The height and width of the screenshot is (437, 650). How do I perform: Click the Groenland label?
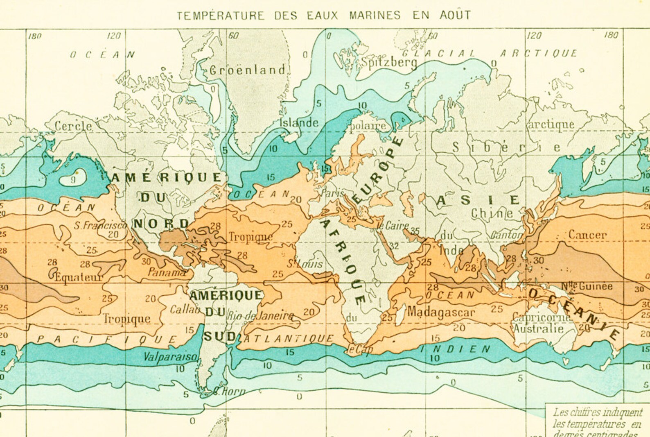click(247, 70)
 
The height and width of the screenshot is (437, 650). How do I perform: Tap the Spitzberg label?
click(389, 63)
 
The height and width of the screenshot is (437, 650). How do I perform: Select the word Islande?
click(299, 122)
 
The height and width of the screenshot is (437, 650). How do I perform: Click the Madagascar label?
click(441, 312)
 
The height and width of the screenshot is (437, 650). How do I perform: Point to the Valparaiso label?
click(170, 357)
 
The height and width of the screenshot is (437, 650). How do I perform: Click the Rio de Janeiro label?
click(260, 316)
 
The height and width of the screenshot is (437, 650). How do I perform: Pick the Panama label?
click(166, 272)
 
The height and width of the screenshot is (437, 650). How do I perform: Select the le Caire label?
click(393, 225)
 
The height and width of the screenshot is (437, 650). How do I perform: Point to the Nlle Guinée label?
click(587, 286)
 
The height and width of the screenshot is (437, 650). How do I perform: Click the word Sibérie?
click(506, 147)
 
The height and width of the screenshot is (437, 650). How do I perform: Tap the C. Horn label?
click(229, 391)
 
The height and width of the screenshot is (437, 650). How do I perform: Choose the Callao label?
click(185, 310)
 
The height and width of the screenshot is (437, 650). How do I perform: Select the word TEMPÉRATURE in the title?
click(221, 16)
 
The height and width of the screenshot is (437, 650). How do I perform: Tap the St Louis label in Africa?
click(305, 264)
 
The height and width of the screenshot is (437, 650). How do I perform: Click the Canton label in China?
click(506, 235)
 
